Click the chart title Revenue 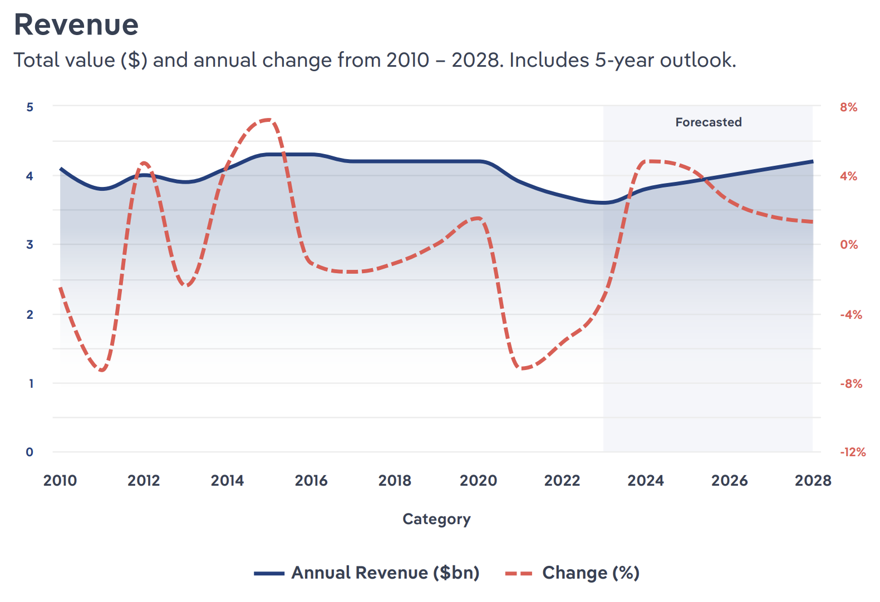[76, 25]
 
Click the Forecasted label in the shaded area [708, 122]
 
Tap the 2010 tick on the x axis [60, 480]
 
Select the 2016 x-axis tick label [311, 480]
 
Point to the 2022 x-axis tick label [562, 480]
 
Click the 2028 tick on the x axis [813, 480]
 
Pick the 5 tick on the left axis [30, 107]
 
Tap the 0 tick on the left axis [30, 452]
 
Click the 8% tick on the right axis [848, 107]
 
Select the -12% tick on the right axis [853, 452]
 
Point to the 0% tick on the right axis [849, 245]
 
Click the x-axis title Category [436, 519]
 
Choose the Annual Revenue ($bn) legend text [385, 573]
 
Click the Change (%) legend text [591, 573]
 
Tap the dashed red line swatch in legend [519, 573]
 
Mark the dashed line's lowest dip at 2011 [102, 370]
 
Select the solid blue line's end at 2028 [812, 161]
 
